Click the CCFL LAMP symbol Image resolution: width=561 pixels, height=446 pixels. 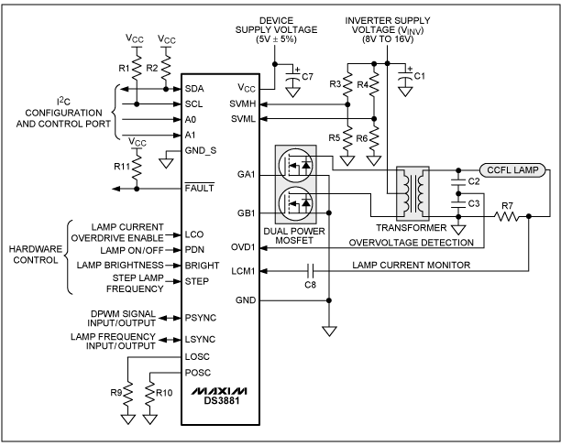(512, 169)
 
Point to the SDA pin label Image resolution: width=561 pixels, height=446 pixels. (195, 89)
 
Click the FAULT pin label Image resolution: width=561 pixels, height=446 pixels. (199, 187)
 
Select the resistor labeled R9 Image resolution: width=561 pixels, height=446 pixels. (128, 392)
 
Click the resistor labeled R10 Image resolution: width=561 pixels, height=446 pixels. (150, 392)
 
